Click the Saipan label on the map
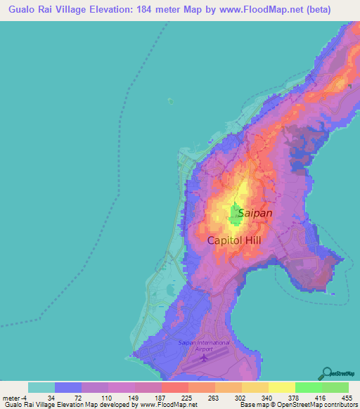(255, 212)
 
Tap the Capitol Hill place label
(238, 240)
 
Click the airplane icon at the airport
(205, 358)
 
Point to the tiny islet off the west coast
(170, 100)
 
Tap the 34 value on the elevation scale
(55, 398)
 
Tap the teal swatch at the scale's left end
(41, 387)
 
